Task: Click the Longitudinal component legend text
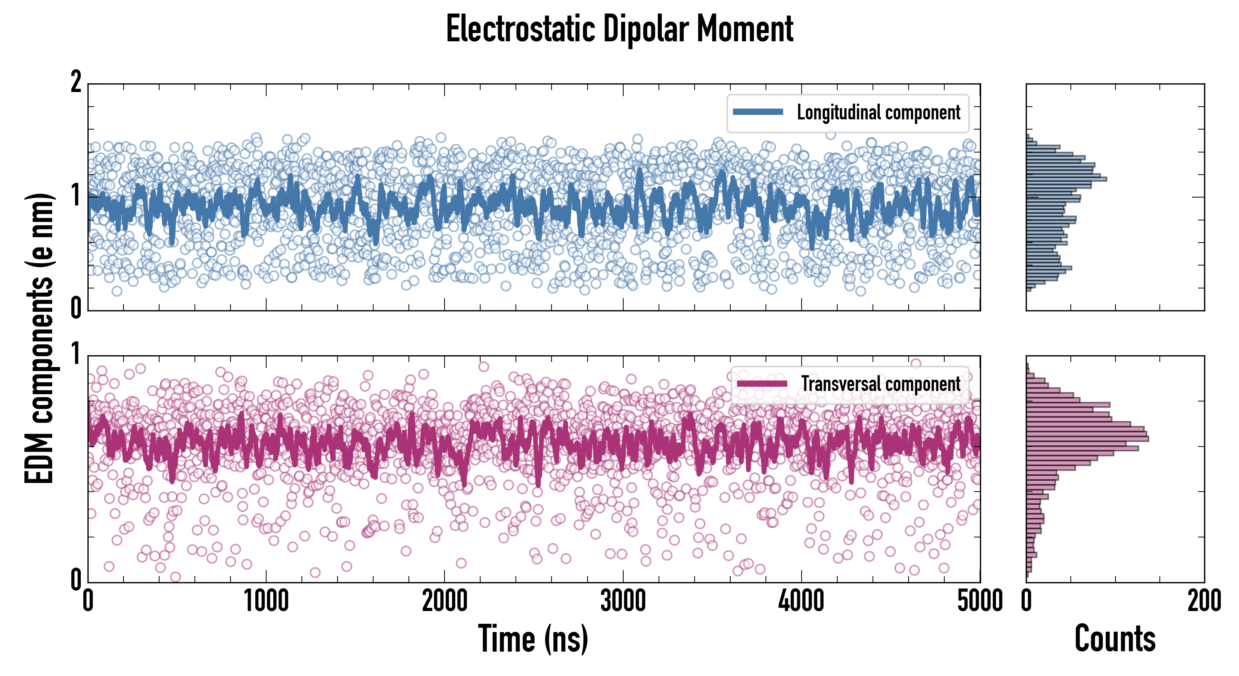click(x=878, y=113)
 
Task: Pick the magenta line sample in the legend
click(x=762, y=383)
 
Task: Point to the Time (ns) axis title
click(x=533, y=639)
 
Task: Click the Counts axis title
click(x=1115, y=639)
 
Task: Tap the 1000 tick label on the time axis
click(x=266, y=601)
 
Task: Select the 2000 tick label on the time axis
click(x=445, y=601)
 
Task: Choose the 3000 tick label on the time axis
click(x=623, y=601)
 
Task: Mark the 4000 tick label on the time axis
click(x=801, y=601)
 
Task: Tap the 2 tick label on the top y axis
click(x=76, y=82)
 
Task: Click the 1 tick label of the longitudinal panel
click(x=76, y=196)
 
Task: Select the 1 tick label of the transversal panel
click(x=76, y=354)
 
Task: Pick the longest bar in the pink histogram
click(x=1087, y=439)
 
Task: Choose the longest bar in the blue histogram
click(x=1066, y=179)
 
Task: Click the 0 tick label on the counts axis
click(x=1026, y=601)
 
